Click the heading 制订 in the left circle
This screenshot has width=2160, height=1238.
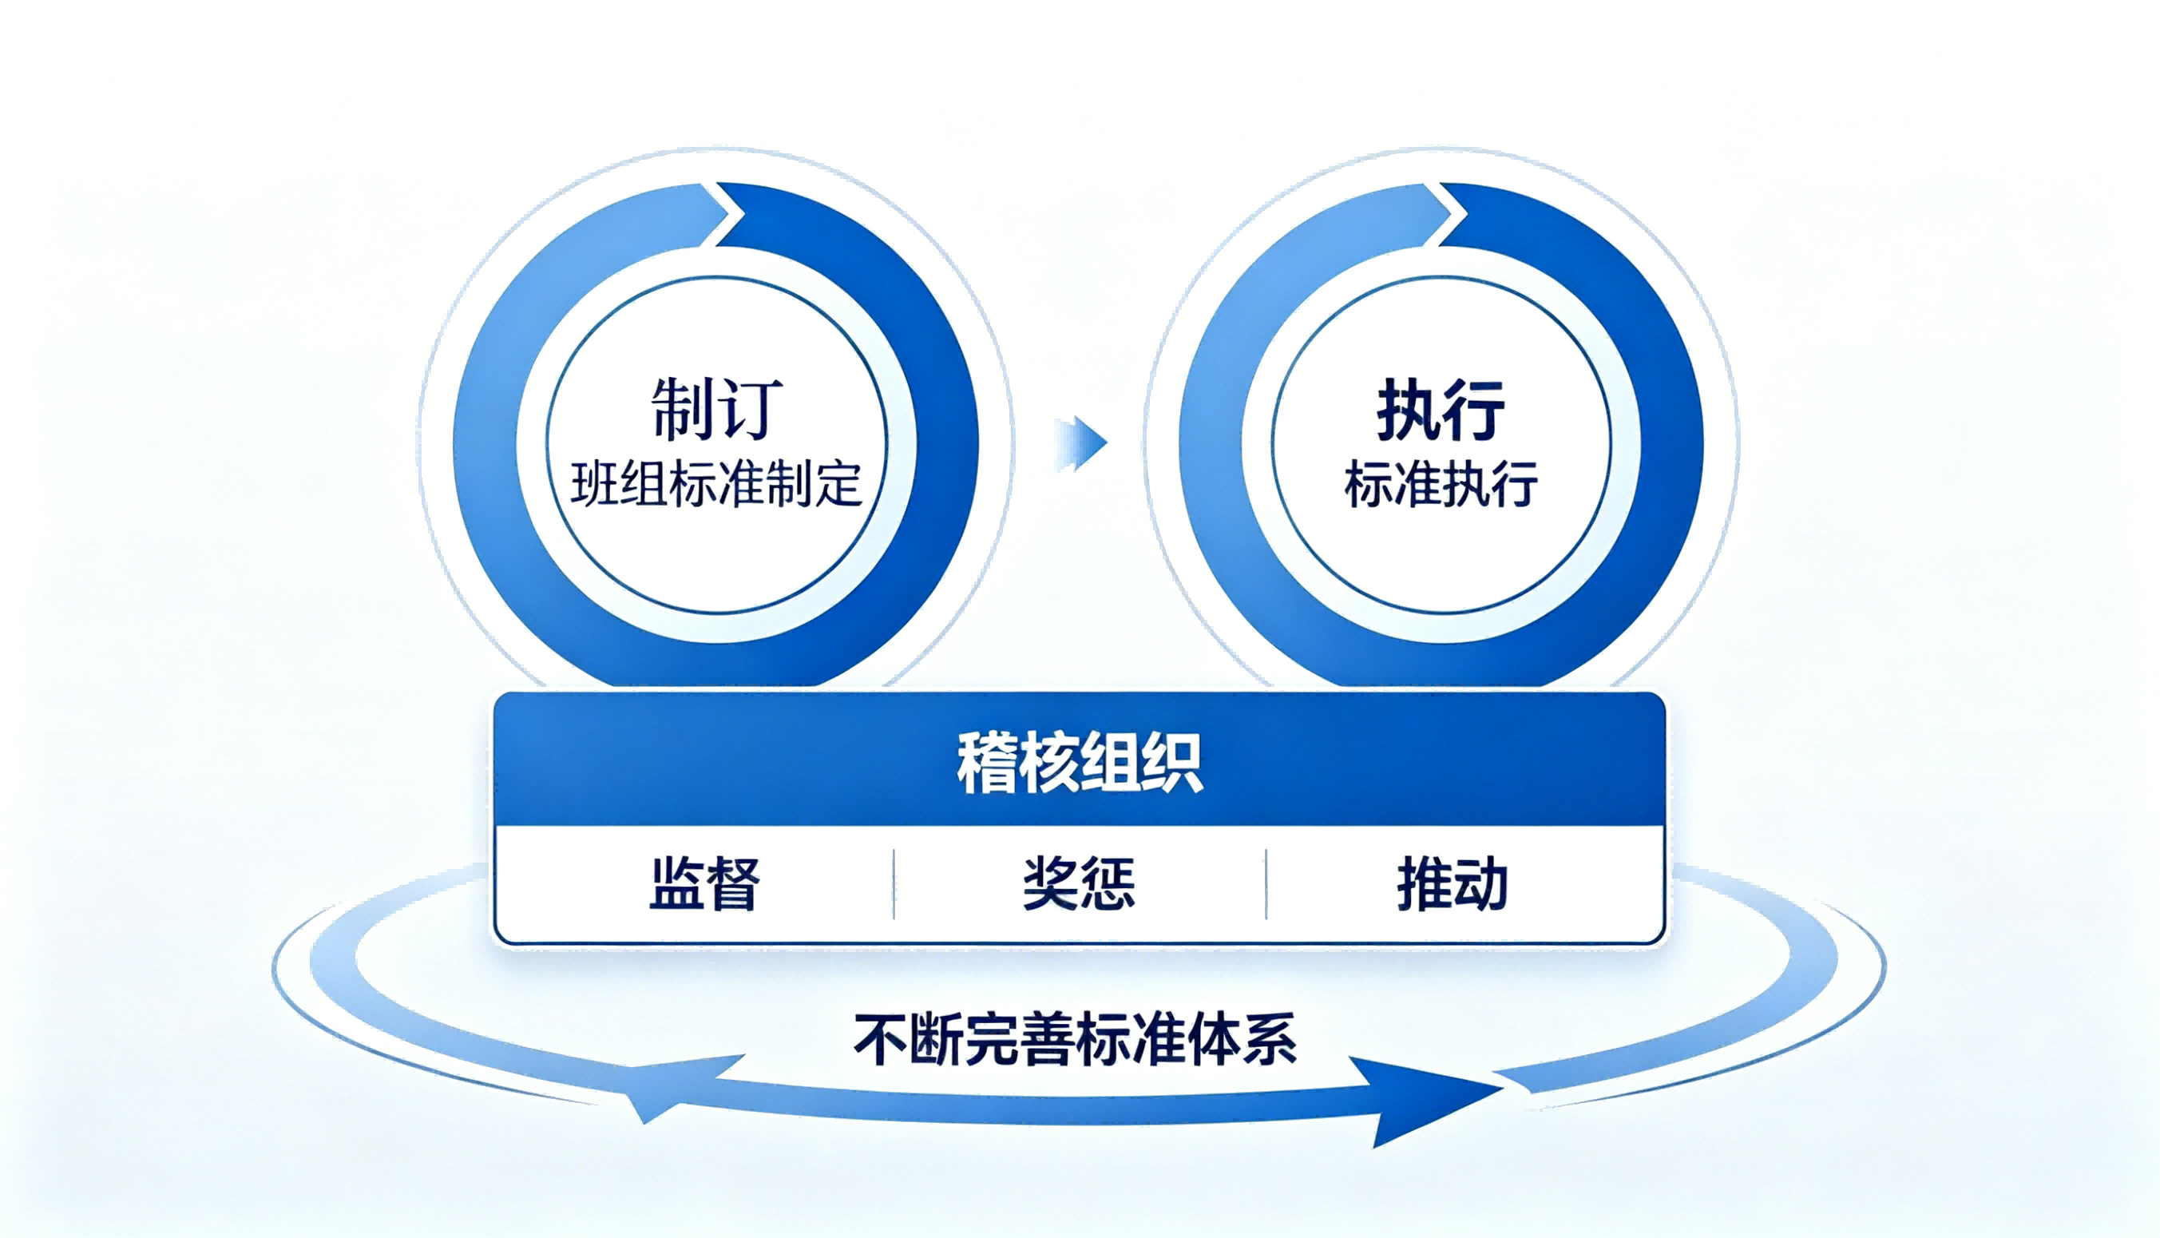(x=715, y=409)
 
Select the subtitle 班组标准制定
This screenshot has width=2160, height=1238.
(x=716, y=485)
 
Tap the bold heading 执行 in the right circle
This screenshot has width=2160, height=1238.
(x=1441, y=410)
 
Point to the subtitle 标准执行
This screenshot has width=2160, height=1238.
(x=1441, y=485)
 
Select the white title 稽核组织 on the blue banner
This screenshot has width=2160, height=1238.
(x=1080, y=763)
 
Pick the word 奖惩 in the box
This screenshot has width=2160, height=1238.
(x=1079, y=884)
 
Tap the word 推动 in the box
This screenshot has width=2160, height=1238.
(x=1453, y=884)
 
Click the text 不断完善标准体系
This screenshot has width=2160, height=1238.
(x=1076, y=1039)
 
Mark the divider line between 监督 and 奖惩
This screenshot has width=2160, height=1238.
(x=894, y=883)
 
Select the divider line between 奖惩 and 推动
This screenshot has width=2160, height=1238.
(x=1266, y=883)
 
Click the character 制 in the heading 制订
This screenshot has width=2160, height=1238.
(x=682, y=409)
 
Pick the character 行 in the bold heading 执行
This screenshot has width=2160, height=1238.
(x=1475, y=410)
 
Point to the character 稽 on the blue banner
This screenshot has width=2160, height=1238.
(x=987, y=763)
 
